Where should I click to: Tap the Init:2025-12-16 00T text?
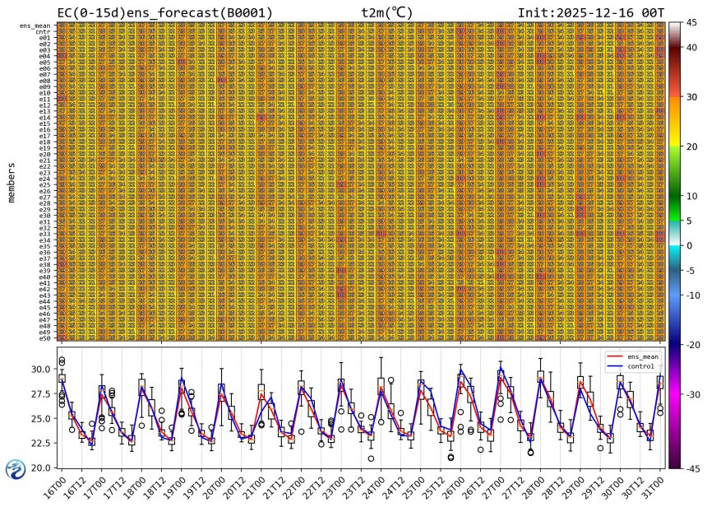click(x=591, y=12)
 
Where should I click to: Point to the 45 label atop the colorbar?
click(x=691, y=23)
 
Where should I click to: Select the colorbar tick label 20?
click(x=692, y=147)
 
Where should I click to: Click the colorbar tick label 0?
click(x=689, y=245)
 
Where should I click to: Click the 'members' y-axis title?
click(x=12, y=182)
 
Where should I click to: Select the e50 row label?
click(x=46, y=337)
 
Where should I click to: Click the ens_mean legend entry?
click(x=631, y=356)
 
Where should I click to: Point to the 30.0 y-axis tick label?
click(x=39, y=369)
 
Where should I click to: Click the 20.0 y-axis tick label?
click(x=39, y=467)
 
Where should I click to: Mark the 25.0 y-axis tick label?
click(x=39, y=418)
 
